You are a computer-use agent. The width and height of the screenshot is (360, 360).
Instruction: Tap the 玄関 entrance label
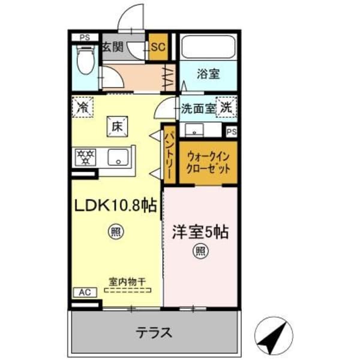[112, 47]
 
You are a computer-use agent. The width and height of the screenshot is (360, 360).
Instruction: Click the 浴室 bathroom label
[208, 74]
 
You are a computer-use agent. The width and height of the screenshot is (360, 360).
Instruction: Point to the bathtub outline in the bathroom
[208, 47]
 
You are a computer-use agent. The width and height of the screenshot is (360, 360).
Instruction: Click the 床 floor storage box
[116, 127]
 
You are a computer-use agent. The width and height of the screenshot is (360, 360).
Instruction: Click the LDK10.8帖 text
[115, 206]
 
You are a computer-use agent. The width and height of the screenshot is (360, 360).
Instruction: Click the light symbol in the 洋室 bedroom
[198, 252]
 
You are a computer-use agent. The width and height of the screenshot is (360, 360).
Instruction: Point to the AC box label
[85, 292]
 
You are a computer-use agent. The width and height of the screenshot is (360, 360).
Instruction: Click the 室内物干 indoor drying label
[127, 280]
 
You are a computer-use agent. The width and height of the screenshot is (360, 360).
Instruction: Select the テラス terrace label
[154, 332]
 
